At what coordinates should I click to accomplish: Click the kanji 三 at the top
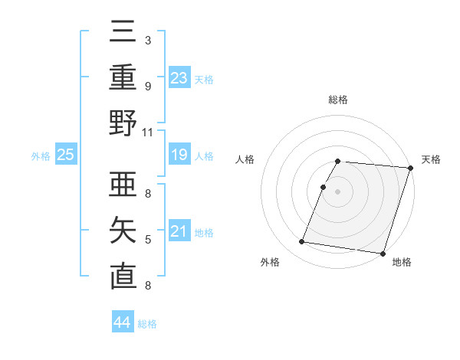click(x=123, y=33)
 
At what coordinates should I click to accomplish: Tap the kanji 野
click(x=123, y=123)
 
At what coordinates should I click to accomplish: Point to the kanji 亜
click(x=123, y=186)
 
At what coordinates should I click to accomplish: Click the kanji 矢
click(x=123, y=231)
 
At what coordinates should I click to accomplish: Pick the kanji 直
click(x=123, y=277)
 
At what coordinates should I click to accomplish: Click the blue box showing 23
click(x=179, y=77)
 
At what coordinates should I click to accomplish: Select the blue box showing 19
click(x=179, y=155)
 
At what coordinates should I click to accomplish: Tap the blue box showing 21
click(x=179, y=231)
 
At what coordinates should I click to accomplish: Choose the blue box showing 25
click(x=66, y=155)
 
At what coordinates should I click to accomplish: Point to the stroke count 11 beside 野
click(x=148, y=132)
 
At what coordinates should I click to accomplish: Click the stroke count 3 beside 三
click(x=148, y=41)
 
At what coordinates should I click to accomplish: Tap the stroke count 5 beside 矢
click(x=148, y=240)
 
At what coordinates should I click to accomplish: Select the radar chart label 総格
click(x=338, y=100)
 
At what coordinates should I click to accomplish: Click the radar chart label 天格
click(x=432, y=159)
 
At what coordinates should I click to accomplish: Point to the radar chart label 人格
click(x=246, y=159)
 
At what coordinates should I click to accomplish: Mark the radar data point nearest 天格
click(x=410, y=168)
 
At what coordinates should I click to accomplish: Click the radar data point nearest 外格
click(x=301, y=242)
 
